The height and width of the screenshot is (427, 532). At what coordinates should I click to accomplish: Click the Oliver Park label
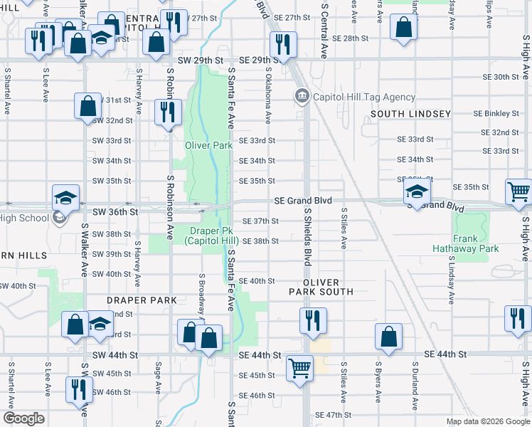[x=209, y=145]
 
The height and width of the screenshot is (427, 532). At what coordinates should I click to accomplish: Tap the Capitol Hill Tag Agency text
[x=363, y=97]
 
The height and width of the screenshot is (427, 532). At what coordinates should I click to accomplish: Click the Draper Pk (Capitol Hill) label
[x=211, y=236]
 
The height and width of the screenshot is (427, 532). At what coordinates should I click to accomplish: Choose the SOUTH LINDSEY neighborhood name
[x=410, y=114]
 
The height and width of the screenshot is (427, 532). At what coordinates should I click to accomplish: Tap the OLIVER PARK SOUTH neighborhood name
[x=321, y=287]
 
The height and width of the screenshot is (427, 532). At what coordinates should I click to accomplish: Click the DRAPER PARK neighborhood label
[x=142, y=300]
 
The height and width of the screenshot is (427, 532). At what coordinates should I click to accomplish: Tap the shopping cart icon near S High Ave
[x=519, y=191]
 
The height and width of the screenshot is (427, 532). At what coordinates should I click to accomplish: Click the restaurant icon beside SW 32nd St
[x=169, y=112]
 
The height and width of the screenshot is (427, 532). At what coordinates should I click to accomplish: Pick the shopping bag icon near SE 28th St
[x=403, y=28]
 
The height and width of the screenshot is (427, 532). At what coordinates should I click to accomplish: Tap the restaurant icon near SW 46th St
[x=78, y=389]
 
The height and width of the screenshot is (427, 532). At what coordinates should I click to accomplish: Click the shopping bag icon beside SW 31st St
[x=87, y=106]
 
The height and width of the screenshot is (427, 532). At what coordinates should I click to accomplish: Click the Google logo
[x=23, y=419]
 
